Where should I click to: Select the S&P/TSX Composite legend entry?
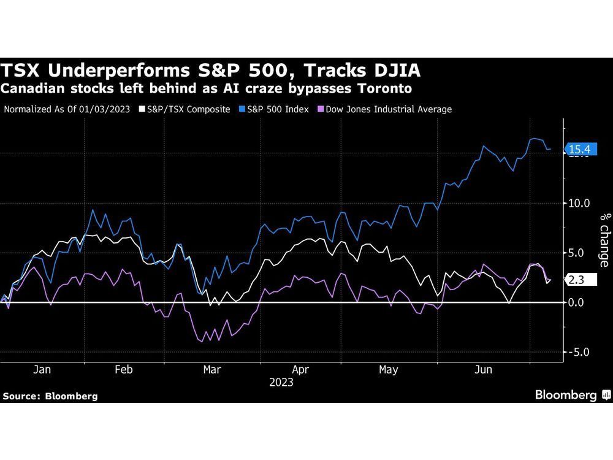pos(185,109)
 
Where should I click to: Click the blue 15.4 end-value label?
pos(579,149)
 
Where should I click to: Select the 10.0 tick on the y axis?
pos(579,203)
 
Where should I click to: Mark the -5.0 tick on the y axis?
pos(579,352)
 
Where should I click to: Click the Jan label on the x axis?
pos(42,369)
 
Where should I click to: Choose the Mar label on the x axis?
pos(212,369)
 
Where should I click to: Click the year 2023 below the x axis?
pos(281,382)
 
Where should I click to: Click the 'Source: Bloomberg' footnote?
pos(50,396)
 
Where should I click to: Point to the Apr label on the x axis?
pos(300,369)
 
